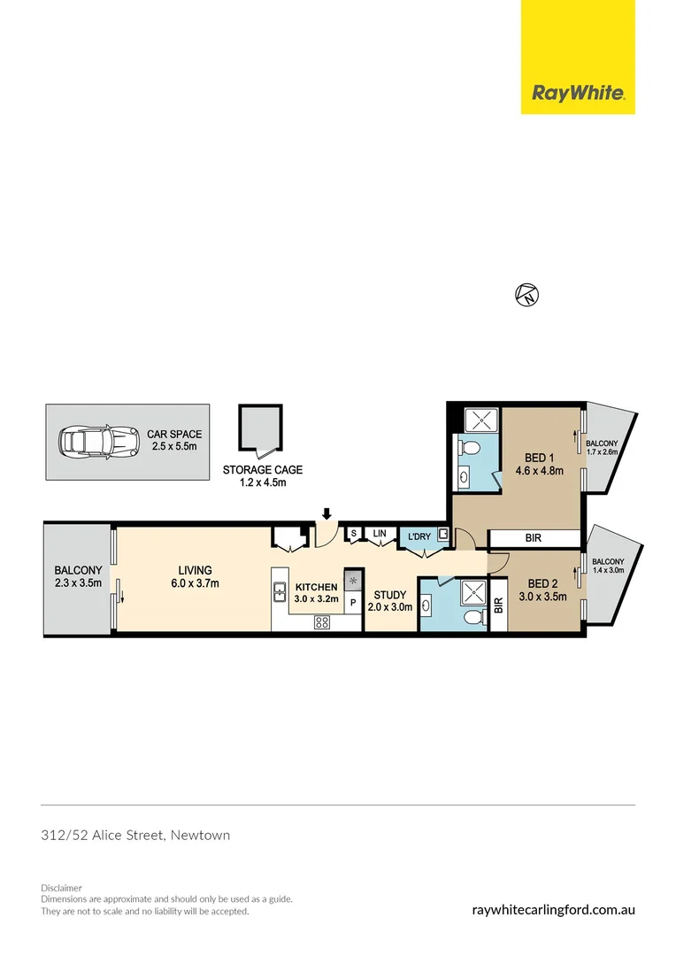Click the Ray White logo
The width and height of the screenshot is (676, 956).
click(x=578, y=93)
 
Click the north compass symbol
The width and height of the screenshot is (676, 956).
click(x=526, y=296)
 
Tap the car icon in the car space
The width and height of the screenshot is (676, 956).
click(x=98, y=440)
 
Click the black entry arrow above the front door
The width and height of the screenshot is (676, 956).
click(x=326, y=513)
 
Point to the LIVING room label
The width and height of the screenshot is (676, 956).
click(x=195, y=570)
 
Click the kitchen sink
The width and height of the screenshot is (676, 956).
click(x=280, y=590)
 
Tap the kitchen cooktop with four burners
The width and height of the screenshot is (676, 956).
click(x=322, y=621)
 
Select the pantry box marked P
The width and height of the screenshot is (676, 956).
click(x=353, y=603)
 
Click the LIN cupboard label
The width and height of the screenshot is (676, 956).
click(x=380, y=533)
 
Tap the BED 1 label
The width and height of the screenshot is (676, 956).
click(x=539, y=458)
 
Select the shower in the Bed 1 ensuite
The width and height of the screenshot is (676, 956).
click(x=478, y=418)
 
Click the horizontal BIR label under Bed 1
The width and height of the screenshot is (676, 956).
click(x=534, y=537)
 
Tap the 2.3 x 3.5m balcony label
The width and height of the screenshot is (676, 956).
click(x=78, y=582)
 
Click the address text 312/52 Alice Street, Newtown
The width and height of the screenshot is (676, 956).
click(x=135, y=835)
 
